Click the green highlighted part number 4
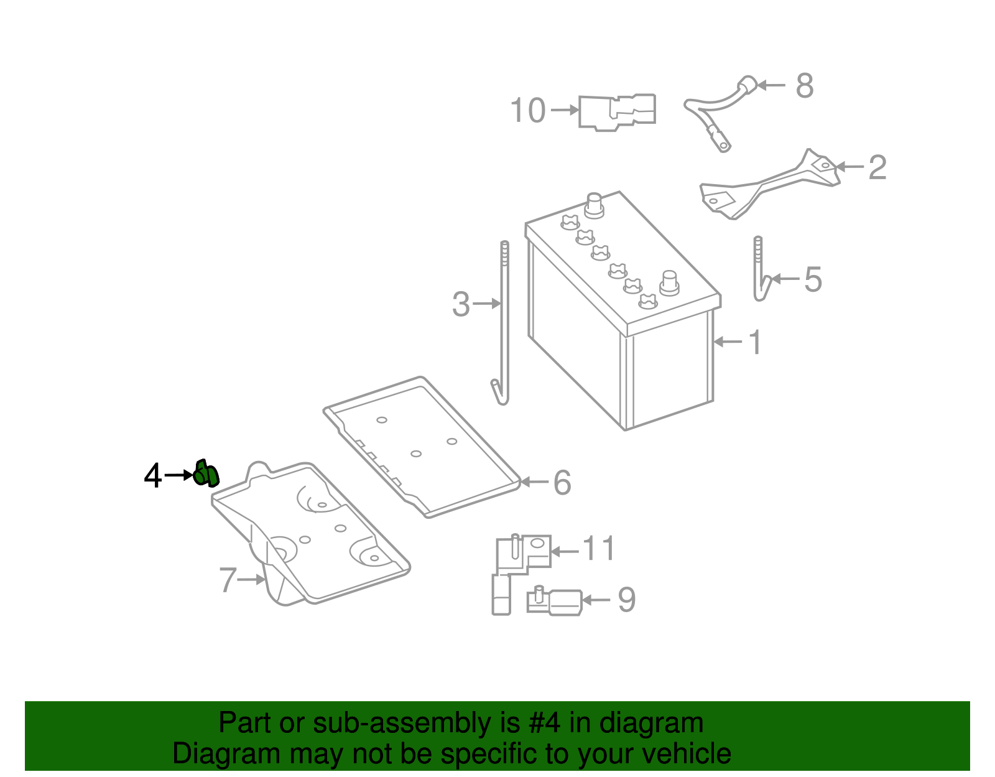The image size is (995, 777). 206,475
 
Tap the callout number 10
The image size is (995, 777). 528,111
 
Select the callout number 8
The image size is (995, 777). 804,86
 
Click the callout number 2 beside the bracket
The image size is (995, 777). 877,167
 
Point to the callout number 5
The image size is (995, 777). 813,279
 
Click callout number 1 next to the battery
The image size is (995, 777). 755,342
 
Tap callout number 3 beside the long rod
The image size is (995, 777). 461,304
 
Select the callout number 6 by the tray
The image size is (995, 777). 562,483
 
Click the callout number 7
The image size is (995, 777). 228,580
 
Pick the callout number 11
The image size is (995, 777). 599,549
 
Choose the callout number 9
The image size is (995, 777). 626,600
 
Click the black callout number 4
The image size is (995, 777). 152,476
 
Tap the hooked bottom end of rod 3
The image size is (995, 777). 499,393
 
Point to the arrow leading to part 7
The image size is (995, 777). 251,579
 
